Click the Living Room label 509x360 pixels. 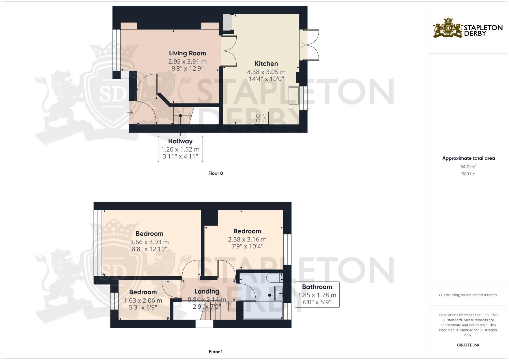(187, 53)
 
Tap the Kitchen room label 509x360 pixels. (266, 64)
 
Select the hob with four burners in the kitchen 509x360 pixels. (261, 118)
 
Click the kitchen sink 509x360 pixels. (294, 96)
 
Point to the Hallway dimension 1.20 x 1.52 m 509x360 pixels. (180, 150)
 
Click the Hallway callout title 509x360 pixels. (180, 141)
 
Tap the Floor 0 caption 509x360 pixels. (215, 173)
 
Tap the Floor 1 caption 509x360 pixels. (215, 352)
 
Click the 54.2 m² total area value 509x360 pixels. (468, 167)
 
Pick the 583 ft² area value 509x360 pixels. (468, 174)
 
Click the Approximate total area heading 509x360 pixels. (468, 158)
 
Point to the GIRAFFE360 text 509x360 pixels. (468, 345)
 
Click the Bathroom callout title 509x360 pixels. (317, 287)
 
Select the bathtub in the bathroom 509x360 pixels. (263, 310)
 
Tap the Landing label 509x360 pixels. (207, 292)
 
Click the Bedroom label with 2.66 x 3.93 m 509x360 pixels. (149, 234)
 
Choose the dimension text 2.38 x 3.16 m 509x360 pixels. (247, 239)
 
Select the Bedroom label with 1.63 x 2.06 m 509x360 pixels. (143, 292)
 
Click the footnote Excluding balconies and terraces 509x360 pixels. (468, 295)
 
